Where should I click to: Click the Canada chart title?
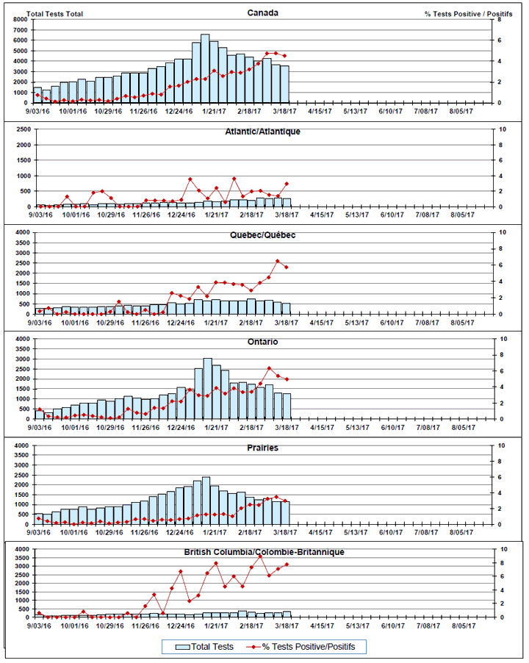(x=262, y=12)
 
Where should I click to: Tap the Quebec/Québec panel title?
(x=262, y=235)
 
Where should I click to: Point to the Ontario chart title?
(x=262, y=342)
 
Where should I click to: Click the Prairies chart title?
(x=262, y=448)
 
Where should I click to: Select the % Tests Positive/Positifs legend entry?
(x=309, y=647)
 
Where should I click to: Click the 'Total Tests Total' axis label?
(x=56, y=14)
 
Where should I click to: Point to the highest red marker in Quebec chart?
(x=278, y=261)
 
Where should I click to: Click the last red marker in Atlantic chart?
(x=286, y=184)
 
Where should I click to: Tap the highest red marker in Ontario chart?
(x=269, y=368)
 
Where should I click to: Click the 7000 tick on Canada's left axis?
(x=19, y=20)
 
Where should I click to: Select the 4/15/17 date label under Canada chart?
(x=321, y=111)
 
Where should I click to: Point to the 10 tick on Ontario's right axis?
(x=500, y=339)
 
